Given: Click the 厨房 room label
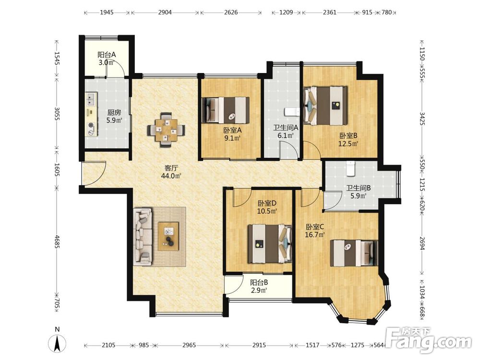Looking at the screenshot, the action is tap(114, 113).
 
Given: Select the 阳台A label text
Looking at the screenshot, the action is tap(107, 55).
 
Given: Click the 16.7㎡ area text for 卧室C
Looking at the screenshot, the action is tap(315, 235).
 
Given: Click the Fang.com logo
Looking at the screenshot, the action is tap(430, 340).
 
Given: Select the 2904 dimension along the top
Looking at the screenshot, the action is tap(165, 12).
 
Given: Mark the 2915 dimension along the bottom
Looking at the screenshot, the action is tap(259, 345).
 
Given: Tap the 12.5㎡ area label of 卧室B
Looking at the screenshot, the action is tap(348, 143).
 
